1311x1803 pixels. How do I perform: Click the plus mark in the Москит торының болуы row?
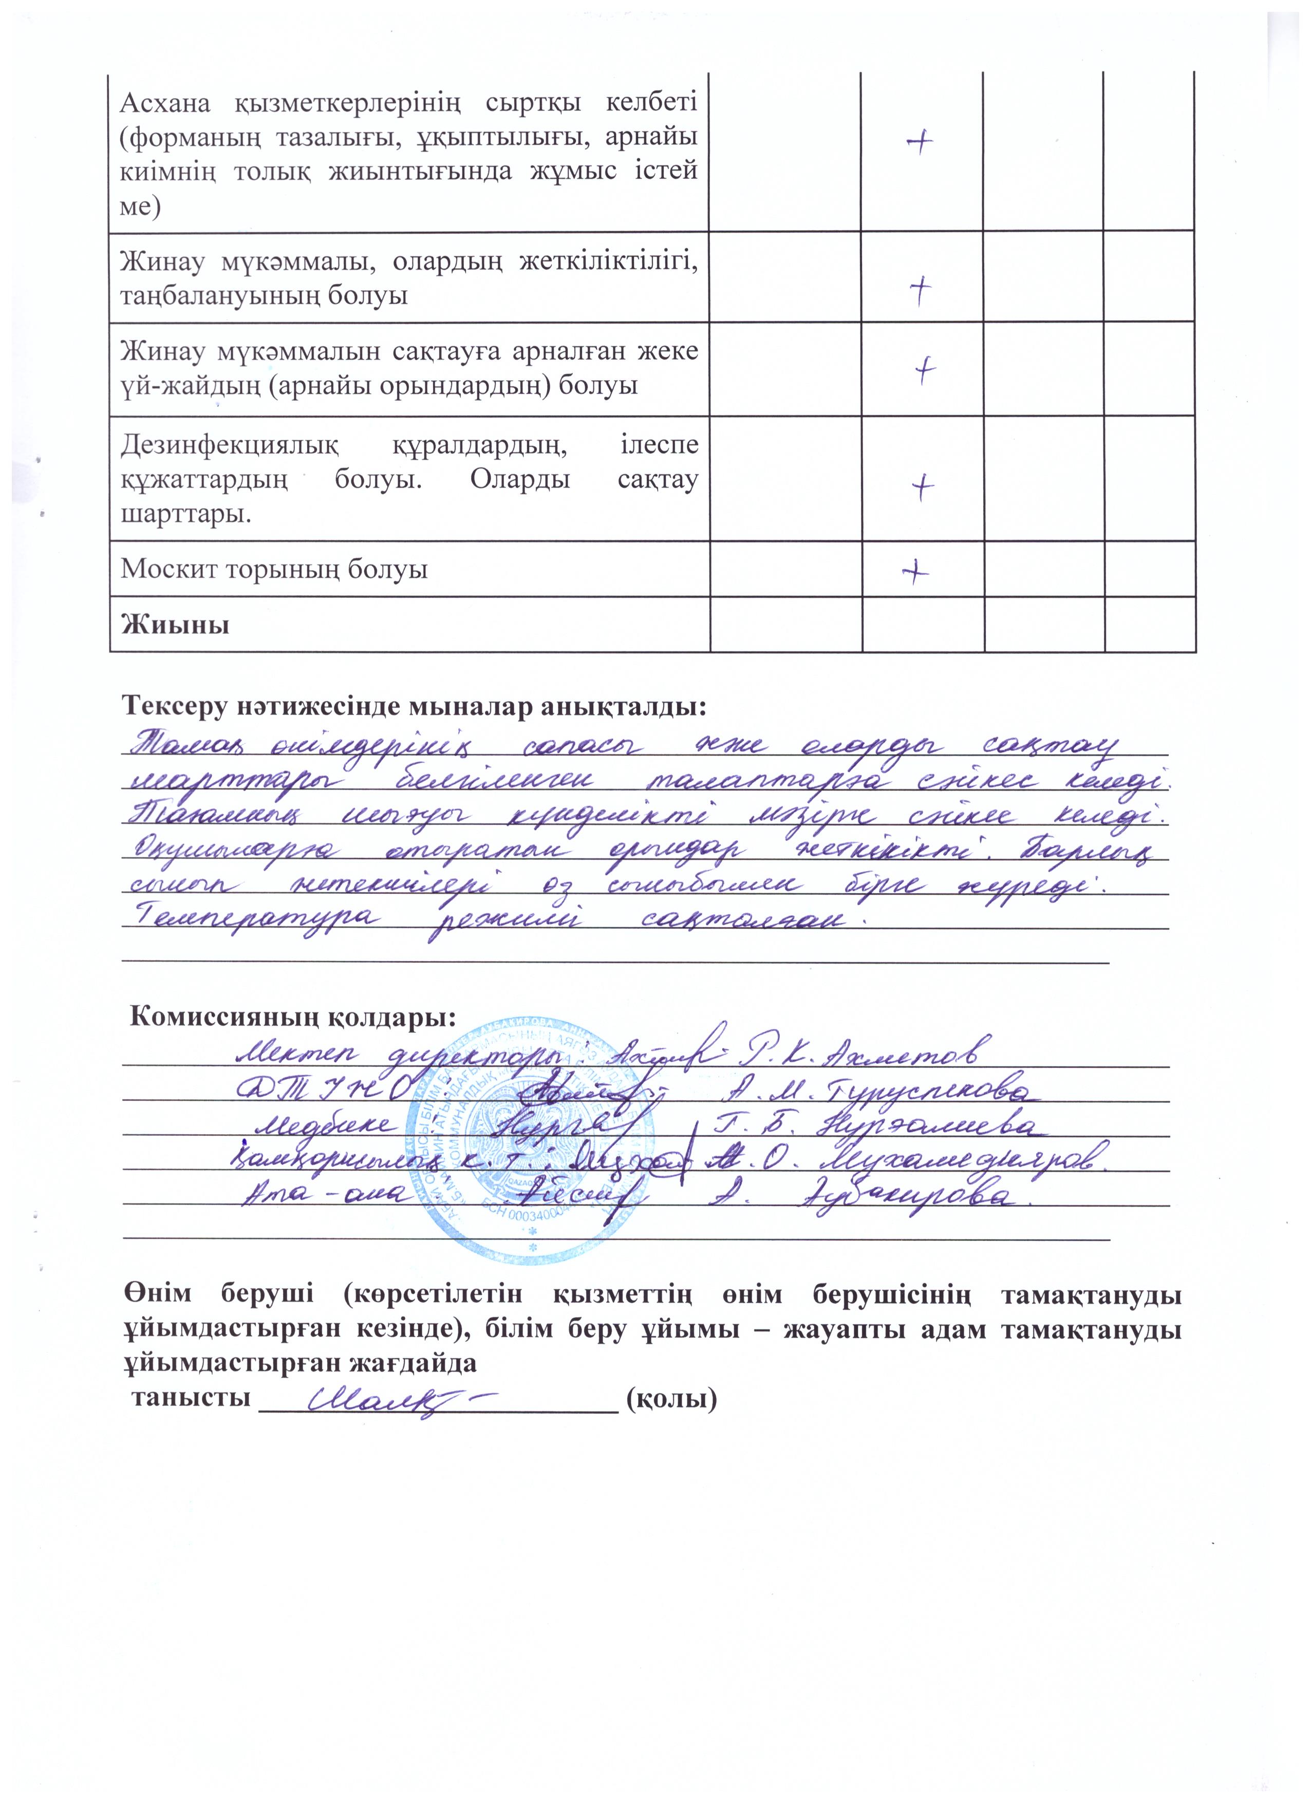916,570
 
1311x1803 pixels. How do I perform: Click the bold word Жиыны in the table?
175,624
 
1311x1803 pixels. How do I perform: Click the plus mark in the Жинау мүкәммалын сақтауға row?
925,370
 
